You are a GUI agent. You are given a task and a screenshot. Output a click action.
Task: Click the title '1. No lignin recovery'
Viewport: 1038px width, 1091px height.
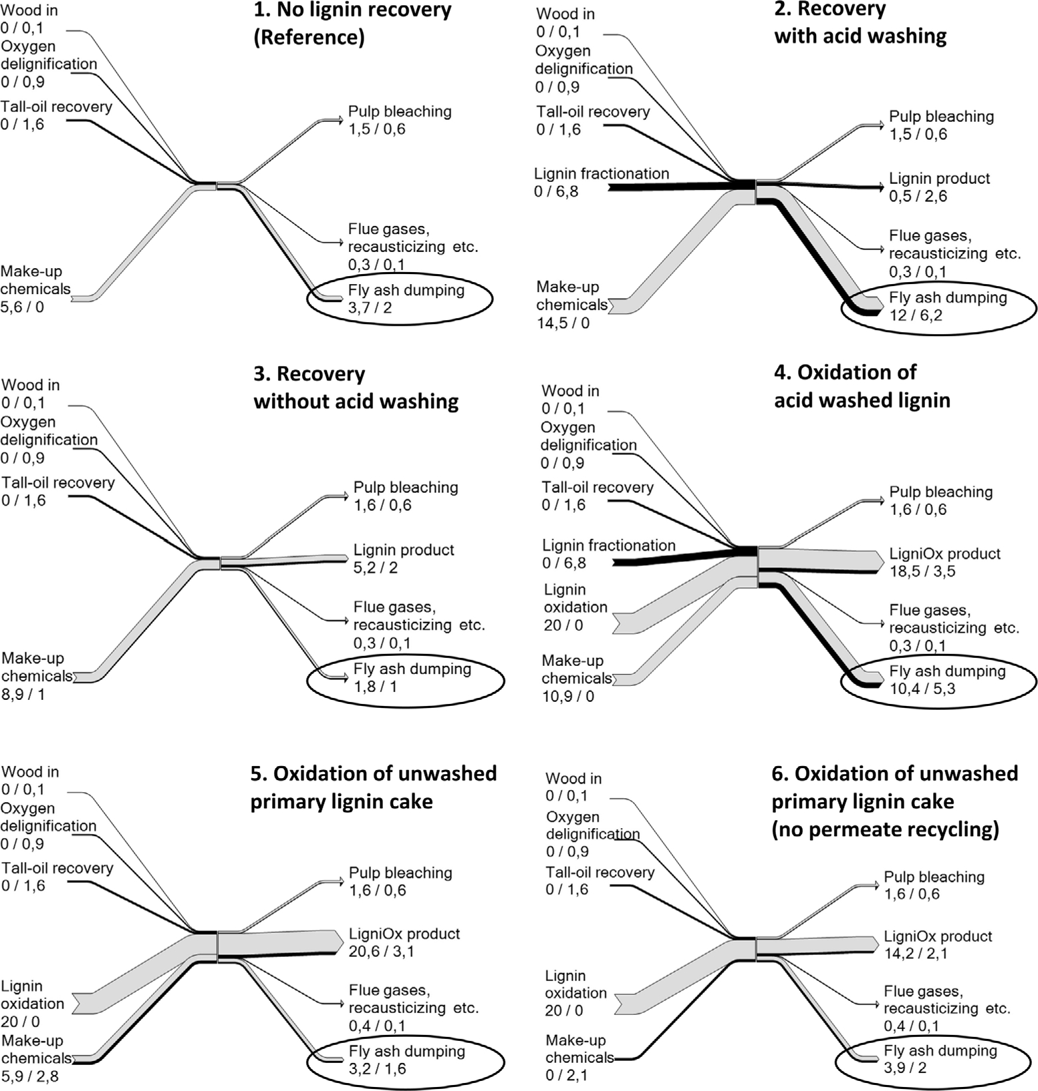point(352,10)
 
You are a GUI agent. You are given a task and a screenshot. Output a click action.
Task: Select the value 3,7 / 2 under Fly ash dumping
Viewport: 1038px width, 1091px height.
point(370,308)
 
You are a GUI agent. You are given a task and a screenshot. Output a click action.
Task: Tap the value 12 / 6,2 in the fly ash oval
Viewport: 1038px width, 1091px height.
point(915,315)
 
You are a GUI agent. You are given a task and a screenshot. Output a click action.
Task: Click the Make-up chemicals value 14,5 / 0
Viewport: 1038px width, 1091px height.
point(563,323)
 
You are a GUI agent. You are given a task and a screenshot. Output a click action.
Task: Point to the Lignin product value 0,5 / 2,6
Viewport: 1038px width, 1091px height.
point(918,196)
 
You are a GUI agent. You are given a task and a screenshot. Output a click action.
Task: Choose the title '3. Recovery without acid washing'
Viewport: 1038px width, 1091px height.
point(356,388)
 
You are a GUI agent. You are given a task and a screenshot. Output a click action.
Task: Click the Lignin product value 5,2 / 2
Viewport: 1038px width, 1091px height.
point(376,568)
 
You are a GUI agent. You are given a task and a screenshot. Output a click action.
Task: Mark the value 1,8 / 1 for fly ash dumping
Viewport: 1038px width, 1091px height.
point(375,687)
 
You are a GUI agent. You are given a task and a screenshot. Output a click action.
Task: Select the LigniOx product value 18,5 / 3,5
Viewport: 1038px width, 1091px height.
point(922,572)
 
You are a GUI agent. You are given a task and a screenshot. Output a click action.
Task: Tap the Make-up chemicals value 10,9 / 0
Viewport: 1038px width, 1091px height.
point(567,696)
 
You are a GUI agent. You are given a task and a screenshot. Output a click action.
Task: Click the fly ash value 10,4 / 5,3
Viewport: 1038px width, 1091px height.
point(922,689)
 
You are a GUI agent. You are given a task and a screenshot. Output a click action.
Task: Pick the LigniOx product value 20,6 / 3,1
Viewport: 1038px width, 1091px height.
point(381,951)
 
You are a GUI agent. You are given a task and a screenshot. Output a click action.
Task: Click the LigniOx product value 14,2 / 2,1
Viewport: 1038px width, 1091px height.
point(915,954)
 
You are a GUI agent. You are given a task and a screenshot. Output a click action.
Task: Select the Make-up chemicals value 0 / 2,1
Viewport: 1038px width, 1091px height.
point(567,1075)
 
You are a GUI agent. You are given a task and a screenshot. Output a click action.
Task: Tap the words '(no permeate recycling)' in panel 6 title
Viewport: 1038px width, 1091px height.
point(885,830)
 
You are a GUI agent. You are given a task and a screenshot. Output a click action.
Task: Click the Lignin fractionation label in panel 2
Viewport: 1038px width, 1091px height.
point(602,174)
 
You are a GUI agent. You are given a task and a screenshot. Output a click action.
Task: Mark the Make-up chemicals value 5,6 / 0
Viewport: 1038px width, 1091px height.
point(22,308)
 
